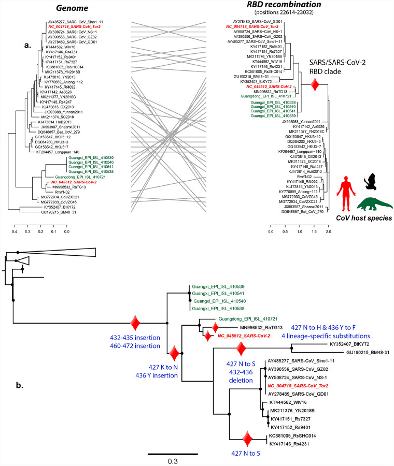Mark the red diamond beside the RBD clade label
314,85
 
